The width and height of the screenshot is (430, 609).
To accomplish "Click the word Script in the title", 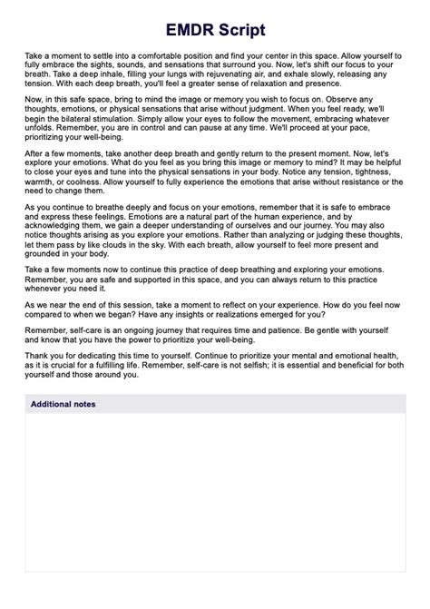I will click(x=240, y=30).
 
